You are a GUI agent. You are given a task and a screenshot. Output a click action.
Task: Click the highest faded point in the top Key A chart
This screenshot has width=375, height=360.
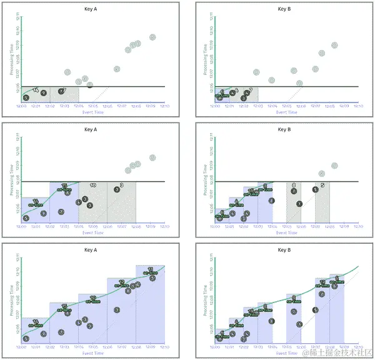tap(152, 37)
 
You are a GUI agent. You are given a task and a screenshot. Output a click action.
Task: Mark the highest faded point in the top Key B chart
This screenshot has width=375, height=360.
tap(334, 45)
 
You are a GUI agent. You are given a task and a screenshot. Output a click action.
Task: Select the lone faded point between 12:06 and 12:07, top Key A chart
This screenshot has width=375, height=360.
tap(117, 69)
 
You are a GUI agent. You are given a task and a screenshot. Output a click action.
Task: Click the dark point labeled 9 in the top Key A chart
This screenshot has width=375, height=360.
tap(43, 92)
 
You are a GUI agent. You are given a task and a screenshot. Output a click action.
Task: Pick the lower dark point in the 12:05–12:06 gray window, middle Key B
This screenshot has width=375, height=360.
tap(299, 204)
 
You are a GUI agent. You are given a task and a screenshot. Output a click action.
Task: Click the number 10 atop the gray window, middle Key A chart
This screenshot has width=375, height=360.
tap(92, 186)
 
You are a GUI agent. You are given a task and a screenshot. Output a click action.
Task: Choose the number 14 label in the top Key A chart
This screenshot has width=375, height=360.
tap(35, 91)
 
